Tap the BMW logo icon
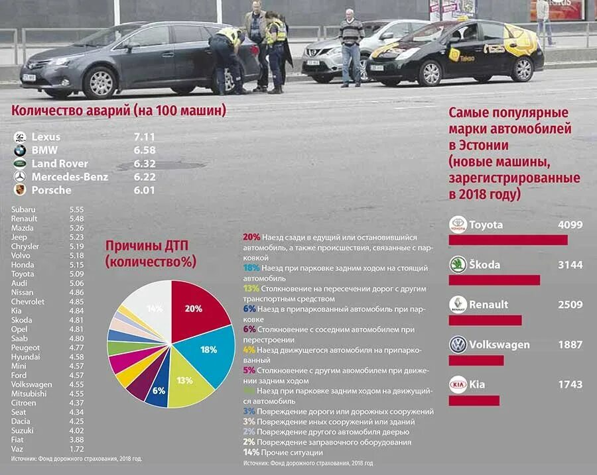pyautogui.click(x=20, y=150)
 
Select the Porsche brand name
pyautogui.click(x=51, y=190)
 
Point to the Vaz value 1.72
pyautogui.click(x=78, y=449)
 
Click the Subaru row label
pyautogui.click(x=24, y=209)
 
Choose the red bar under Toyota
pyautogui.click(x=508, y=239)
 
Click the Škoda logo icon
pyautogui.click(x=458, y=264)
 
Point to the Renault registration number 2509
pyautogui.click(x=570, y=305)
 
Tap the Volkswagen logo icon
pyautogui.click(x=458, y=344)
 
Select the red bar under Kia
pyautogui.click(x=474, y=400)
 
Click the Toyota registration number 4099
pyautogui.click(x=570, y=225)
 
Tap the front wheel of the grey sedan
pyautogui.click(x=101, y=83)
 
